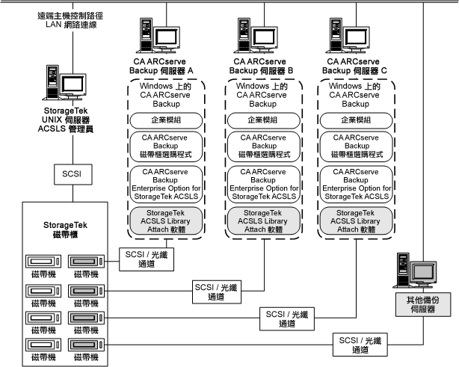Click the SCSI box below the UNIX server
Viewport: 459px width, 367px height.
[72, 173]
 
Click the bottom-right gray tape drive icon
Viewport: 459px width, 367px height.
[86, 346]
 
